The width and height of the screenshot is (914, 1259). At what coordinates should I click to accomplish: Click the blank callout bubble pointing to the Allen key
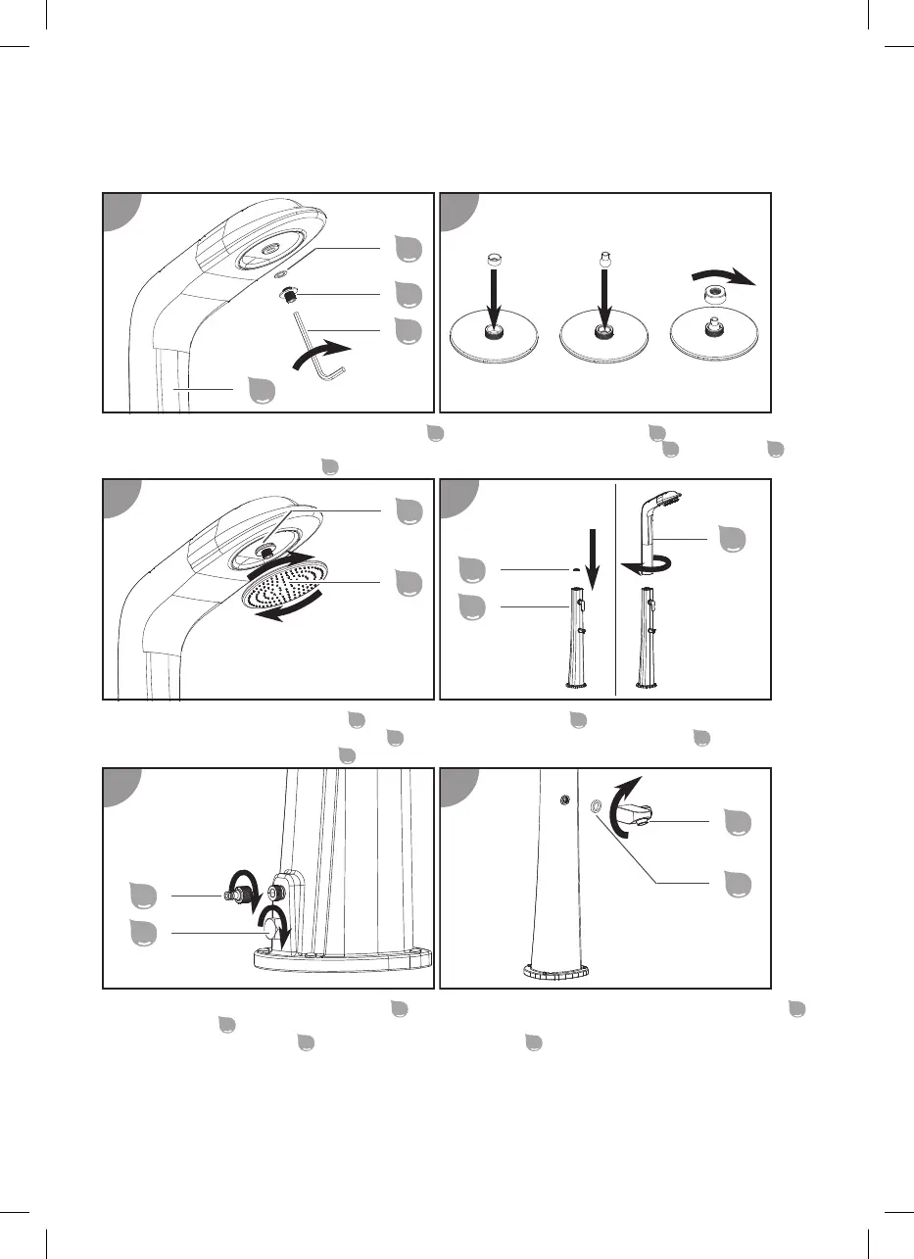click(x=405, y=331)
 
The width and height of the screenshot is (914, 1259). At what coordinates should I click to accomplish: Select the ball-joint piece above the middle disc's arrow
click(x=605, y=262)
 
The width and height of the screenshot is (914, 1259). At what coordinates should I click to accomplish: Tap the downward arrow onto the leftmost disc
click(x=494, y=300)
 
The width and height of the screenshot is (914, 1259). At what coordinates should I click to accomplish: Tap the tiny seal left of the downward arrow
click(x=572, y=568)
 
